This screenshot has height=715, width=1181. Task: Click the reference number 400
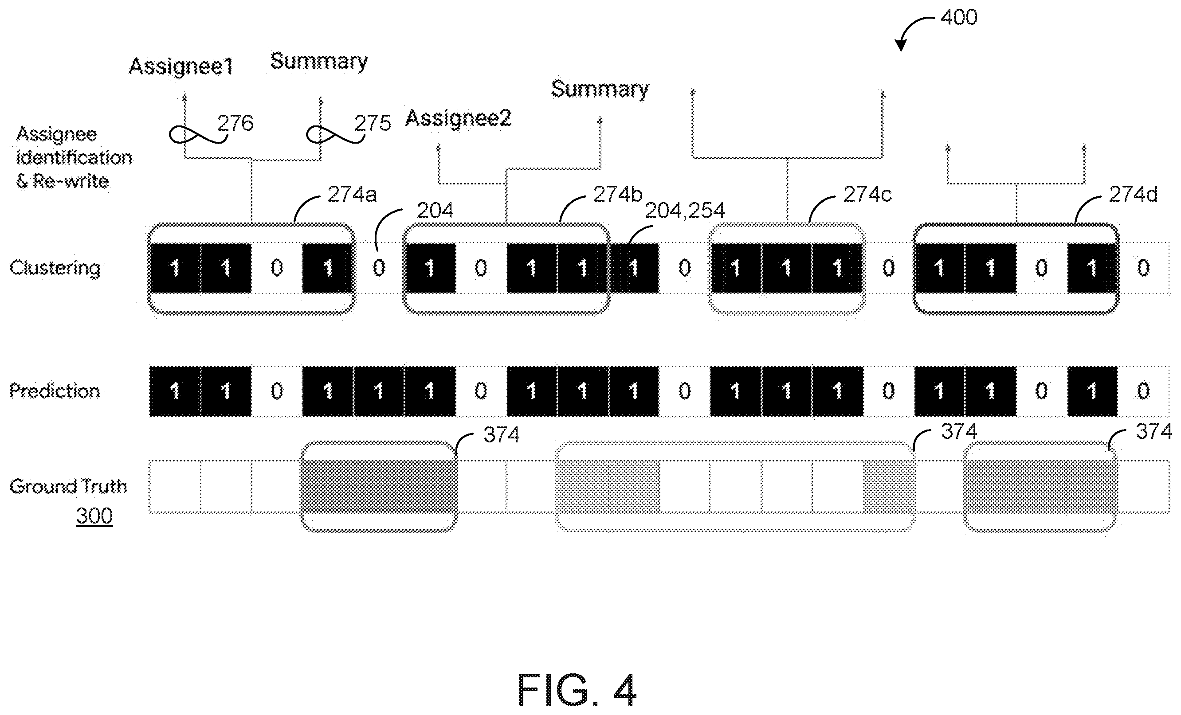[959, 18]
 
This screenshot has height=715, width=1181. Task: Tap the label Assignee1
[180, 66]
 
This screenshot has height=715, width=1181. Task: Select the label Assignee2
[459, 118]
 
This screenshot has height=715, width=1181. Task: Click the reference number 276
[235, 123]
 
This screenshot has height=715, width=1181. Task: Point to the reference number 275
[373, 123]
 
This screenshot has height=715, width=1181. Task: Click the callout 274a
[352, 194]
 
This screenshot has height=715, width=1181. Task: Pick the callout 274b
[617, 194]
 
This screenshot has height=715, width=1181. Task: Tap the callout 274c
[867, 194]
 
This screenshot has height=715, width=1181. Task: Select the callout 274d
[1133, 194]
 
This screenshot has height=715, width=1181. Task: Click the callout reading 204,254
[684, 211]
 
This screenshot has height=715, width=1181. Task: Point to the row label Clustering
[55, 268]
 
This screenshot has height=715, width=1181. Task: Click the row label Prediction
[55, 391]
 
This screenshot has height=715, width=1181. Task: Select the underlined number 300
[94, 516]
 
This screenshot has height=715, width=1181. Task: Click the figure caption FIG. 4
[577, 690]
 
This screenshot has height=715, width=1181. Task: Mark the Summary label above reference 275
[319, 61]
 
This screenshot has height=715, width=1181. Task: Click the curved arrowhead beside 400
[901, 45]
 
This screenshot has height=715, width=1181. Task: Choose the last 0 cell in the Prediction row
[1143, 391]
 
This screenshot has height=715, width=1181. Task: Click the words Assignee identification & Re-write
[74, 158]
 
